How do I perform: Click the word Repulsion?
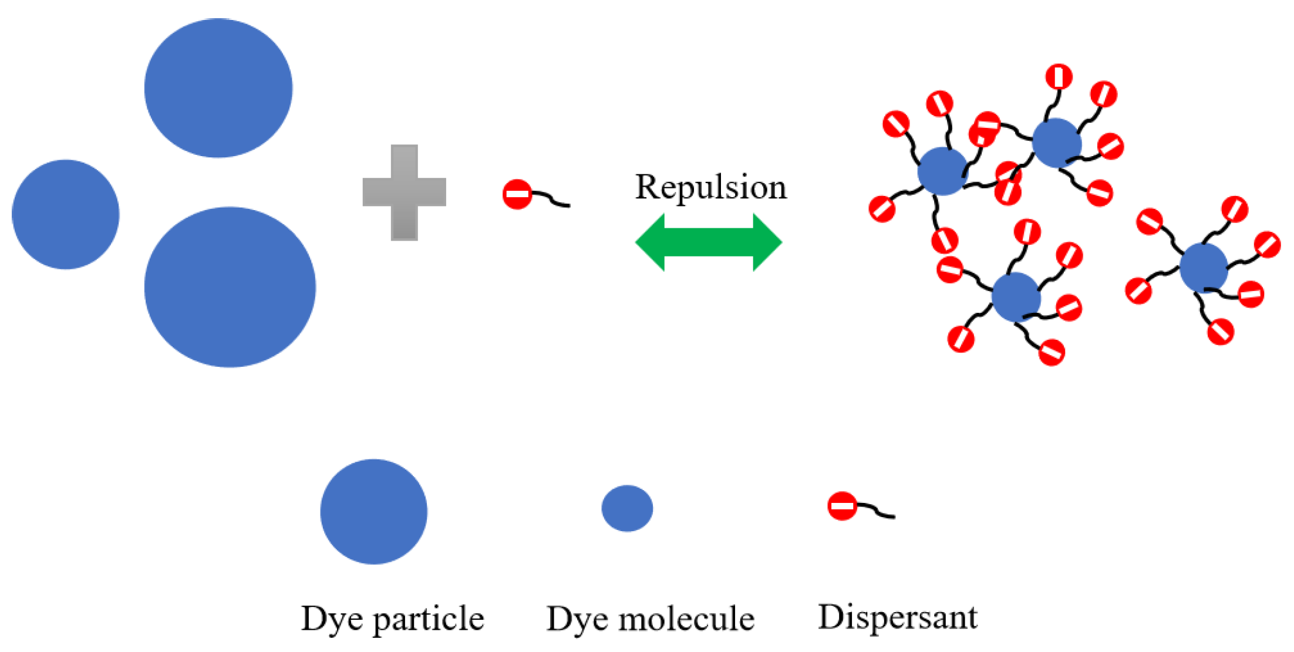[710, 188]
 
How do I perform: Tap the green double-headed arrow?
[708, 242]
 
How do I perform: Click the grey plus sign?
[405, 192]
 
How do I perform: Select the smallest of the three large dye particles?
[66, 214]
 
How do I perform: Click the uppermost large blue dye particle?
[218, 88]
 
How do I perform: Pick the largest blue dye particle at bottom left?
[230, 287]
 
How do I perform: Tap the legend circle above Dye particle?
[374, 511]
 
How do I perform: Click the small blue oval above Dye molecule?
[627, 508]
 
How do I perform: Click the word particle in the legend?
[428, 619]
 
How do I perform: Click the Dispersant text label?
[898, 617]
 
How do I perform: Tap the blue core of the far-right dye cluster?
[1204, 268]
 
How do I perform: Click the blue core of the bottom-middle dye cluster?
[1016, 297]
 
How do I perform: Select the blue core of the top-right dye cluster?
[1057, 143]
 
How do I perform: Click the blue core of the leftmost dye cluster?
[942, 171]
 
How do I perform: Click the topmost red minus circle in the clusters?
[1059, 77]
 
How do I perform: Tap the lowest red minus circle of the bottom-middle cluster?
[1052, 353]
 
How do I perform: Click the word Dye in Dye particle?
[331, 620]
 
